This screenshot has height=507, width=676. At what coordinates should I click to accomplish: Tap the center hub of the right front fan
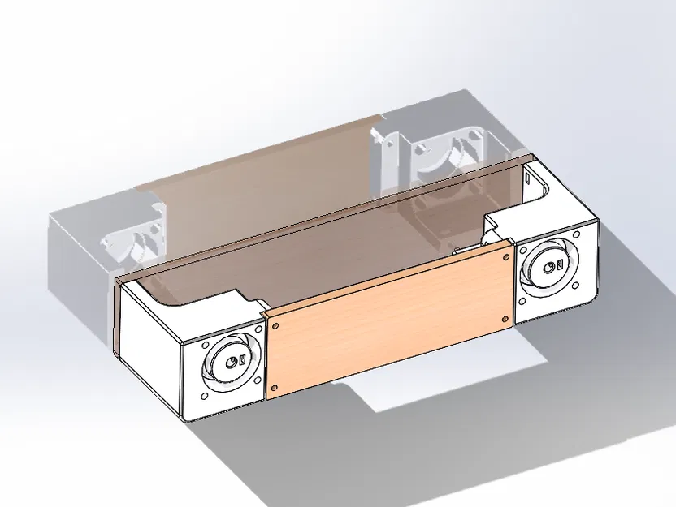552,266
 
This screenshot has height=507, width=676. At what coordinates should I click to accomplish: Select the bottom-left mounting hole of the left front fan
201,397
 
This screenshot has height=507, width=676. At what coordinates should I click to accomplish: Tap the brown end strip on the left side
119,316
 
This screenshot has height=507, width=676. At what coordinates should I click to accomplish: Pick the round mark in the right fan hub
559,264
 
